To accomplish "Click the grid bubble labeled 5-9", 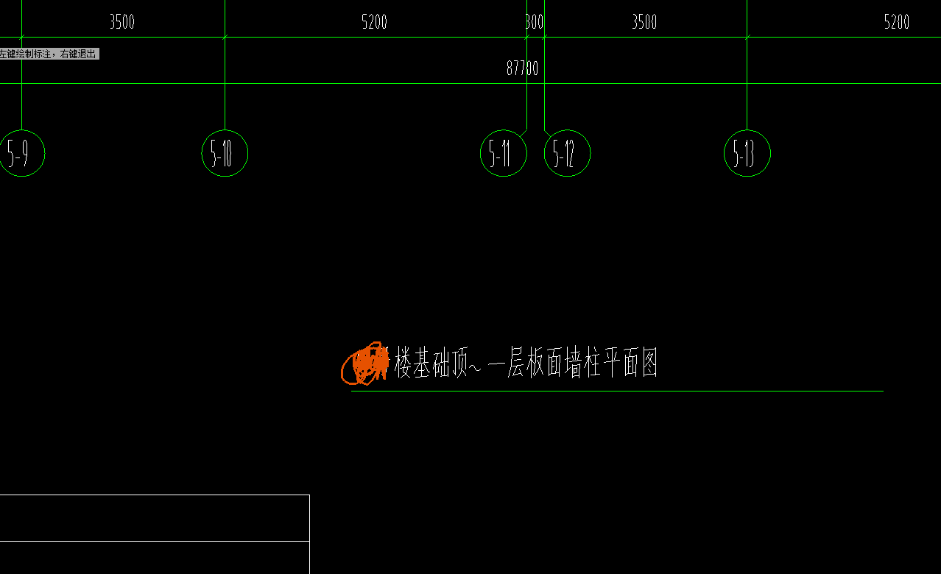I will click(x=22, y=153).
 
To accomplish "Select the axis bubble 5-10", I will click(x=225, y=153).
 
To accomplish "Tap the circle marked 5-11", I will click(x=504, y=153).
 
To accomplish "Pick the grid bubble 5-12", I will click(x=567, y=153).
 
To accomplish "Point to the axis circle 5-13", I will click(x=747, y=153).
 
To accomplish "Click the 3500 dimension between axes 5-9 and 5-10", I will click(x=122, y=22).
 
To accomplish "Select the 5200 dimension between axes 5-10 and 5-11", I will click(x=374, y=22).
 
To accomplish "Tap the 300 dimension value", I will click(x=535, y=22).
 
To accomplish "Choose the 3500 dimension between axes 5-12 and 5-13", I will click(x=644, y=22).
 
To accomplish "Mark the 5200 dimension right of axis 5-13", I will click(x=896, y=22).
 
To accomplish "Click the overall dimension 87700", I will click(x=522, y=68).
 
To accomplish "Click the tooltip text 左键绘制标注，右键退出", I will click(x=49, y=54).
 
